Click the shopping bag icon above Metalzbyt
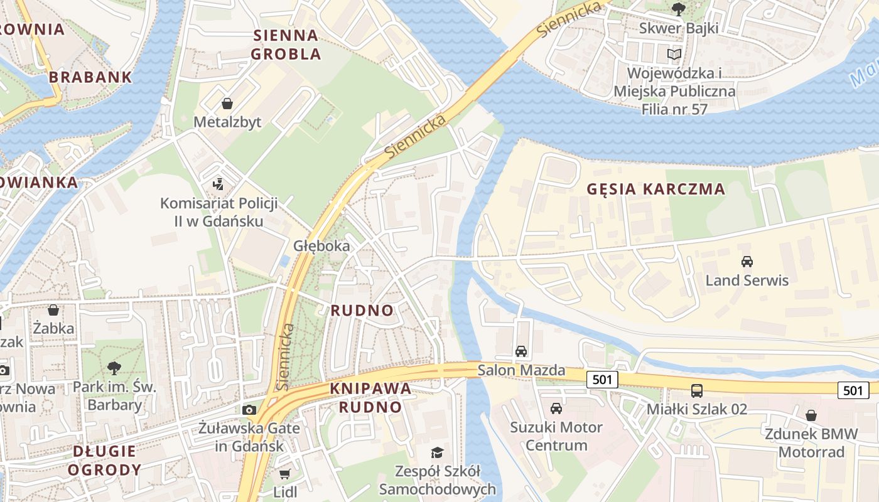click(227, 103)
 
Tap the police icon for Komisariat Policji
click(218, 184)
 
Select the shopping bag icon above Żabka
click(53, 309)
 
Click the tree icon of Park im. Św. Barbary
click(114, 368)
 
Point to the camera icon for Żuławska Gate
click(249, 410)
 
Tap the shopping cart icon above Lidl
click(284, 474)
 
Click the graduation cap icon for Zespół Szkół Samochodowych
click(437, 452)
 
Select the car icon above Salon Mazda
click(521, 351)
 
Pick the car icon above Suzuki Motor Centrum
click(556, 409)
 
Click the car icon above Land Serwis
click(747, 261)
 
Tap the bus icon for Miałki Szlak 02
click(697, 390)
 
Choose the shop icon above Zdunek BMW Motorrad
click(811, 415)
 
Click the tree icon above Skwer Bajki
click(678, 9)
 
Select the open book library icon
click(674, 55)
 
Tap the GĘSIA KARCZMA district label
click(655, 189)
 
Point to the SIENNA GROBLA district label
click(286, 45)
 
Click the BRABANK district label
click(90, 77)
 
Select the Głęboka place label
click(321, 245)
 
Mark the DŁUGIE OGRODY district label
click(104, 460)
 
